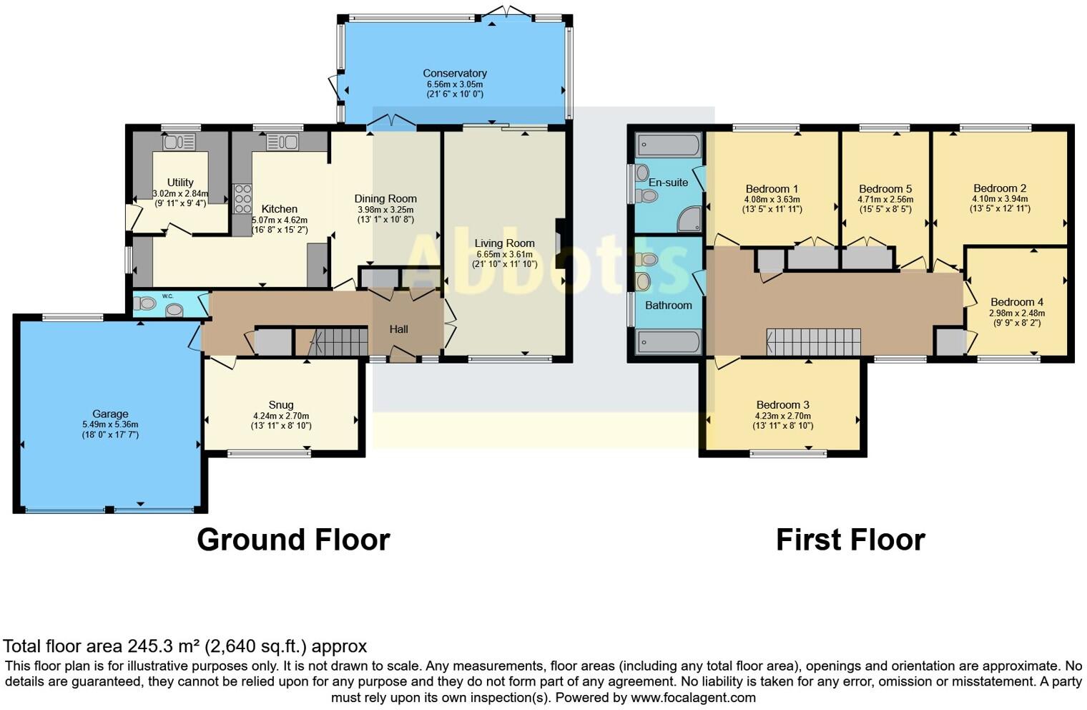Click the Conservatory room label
[x=455, y=73]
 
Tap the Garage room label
[x=110, y=414]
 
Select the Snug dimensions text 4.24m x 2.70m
[x=281, y=416]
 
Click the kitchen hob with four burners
[x=242, y=198]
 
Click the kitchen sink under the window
[x=282, y=142]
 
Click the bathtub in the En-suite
[x=668, y=146]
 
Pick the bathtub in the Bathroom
[x=668, y=342]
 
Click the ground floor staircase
[x=331, y=341]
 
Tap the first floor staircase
[x=814, y=341]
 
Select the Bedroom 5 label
[x=885, y=189]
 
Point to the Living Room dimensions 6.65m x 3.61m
[x=505, y=254]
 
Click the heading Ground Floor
[x=293, y=540]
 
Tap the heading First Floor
[x=850, y=540]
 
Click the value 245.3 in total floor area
[x=149, y=646]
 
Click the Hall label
[x=398, y=329]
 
